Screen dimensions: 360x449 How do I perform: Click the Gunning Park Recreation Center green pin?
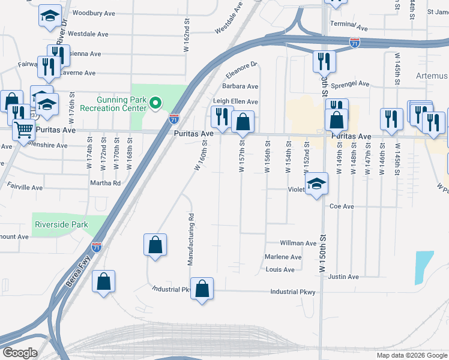[156, 104]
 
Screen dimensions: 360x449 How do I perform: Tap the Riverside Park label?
[62, 224]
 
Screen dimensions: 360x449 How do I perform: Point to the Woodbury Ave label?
[93, 13]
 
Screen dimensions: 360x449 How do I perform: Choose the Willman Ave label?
[298, 243]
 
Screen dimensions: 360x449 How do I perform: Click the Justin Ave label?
[343, 277]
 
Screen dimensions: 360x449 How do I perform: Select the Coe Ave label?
[342, 206]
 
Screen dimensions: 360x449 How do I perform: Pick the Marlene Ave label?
[283, 257]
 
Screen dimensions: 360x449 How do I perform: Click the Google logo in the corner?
[20, 353]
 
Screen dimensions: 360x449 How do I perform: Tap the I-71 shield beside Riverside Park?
[97, 247]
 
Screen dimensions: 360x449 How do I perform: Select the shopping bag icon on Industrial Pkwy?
[202, 289]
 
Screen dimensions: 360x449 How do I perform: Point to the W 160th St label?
[204, 155]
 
